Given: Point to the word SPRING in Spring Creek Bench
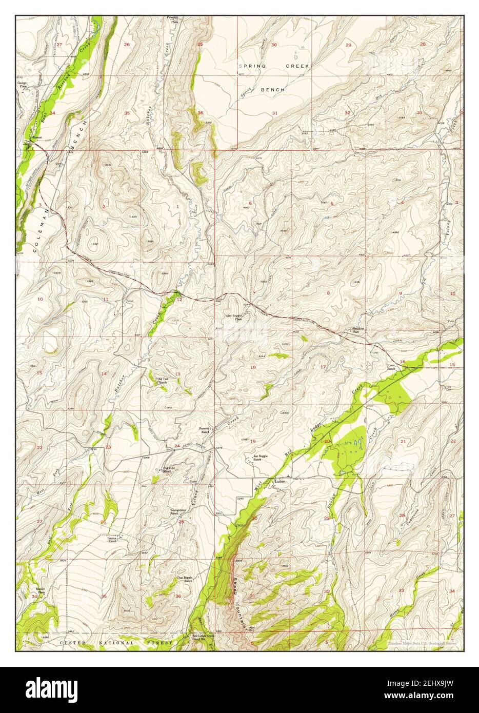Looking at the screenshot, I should tap(254, 66).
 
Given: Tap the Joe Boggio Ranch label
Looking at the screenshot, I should tap(260, 458).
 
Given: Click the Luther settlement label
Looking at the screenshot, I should tap(279, 482).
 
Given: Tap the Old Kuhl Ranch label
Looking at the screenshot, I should tap(170, 469).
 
